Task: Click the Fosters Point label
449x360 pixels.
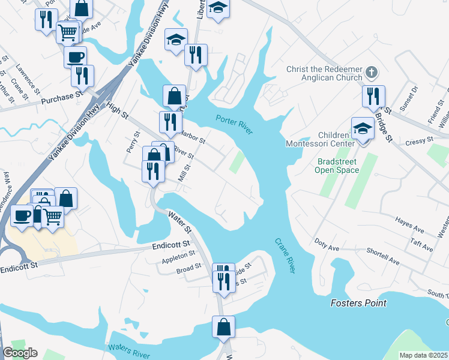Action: pos(358,303)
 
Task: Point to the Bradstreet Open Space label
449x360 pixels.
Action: pos(337,166)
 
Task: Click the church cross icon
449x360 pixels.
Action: pos(372,73)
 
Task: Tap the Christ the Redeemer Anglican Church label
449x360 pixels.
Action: pos(325,73)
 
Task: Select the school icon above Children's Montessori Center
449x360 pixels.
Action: pos(363,128)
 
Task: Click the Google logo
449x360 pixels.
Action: pos(20,353)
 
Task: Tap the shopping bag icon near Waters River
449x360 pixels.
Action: pos(223,327)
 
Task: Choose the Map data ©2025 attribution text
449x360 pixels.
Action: pos(424,355)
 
